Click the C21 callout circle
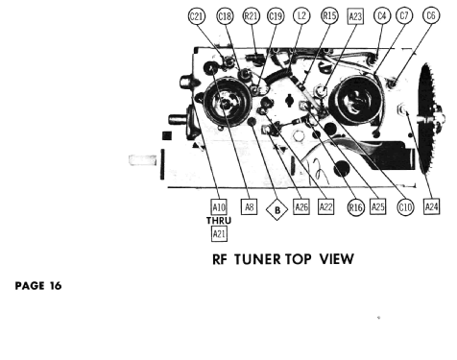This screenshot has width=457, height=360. click(x=196, y=16)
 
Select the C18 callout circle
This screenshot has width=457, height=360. click(x=225, y=16)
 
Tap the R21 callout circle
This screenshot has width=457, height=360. click(x=251, y=15)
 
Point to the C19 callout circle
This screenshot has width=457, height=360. click(x=276, y=15)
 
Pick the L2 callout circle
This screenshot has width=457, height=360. click(x=301, y=15)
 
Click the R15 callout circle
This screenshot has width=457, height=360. click(x=329, y=15)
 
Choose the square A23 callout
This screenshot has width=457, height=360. click(x=355, y=16)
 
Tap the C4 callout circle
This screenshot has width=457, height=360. click(x=382, y=15)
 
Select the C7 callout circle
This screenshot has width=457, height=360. click(x=404, y=15)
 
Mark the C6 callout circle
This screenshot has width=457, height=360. click(x=431, y=15)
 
